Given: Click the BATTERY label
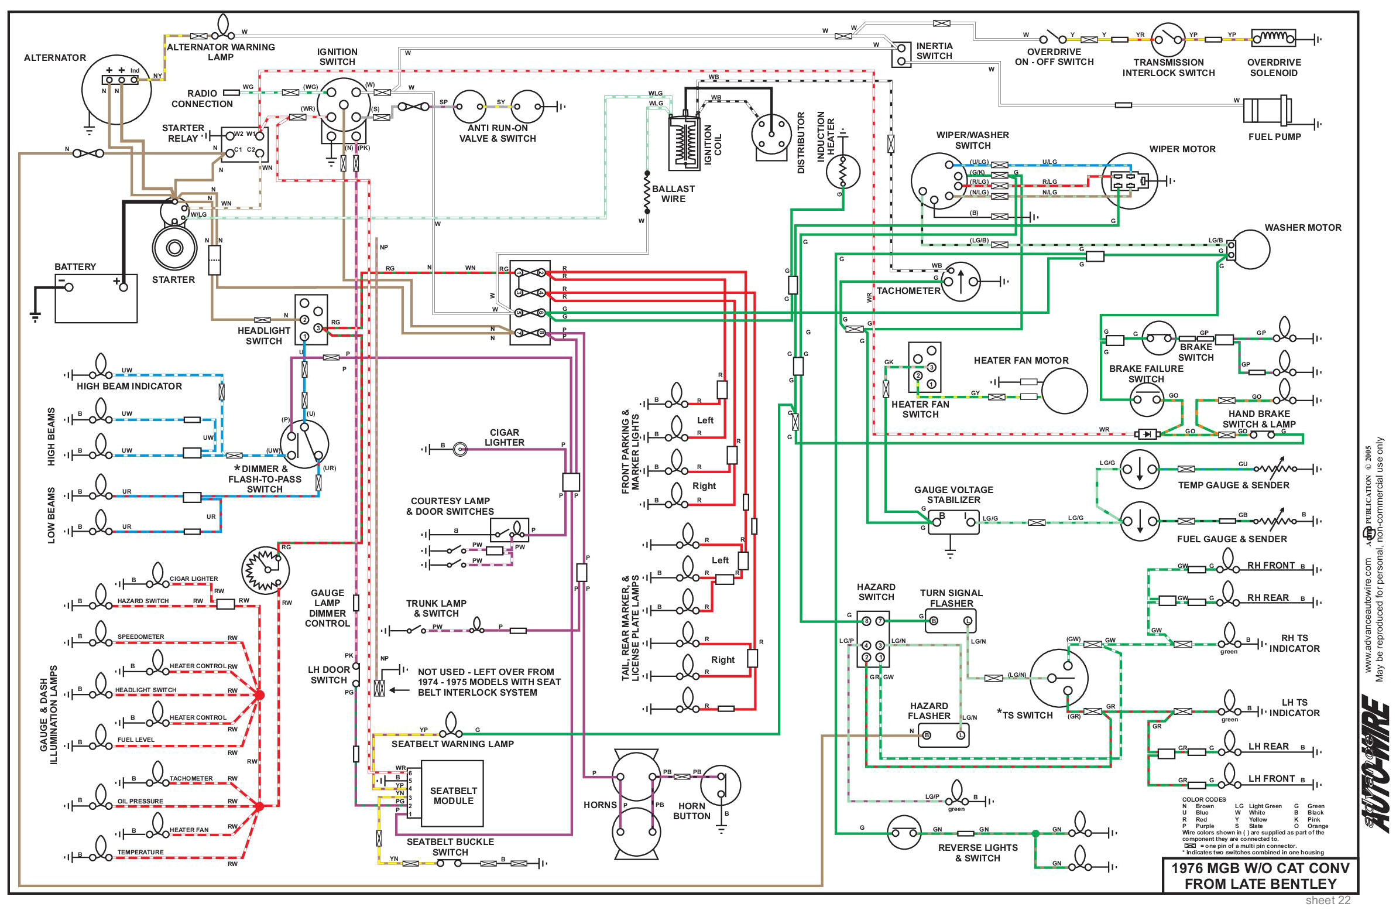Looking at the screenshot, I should tap(74, 266).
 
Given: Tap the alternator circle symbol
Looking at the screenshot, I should tap(116, 91).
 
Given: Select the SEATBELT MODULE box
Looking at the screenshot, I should tap(453, 796).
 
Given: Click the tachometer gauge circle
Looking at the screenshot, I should tap(960, 282).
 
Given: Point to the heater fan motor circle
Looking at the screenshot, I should tap(1064, 390).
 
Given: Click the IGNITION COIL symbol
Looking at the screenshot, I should tap(684, 143).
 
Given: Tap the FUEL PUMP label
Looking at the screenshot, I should tap(1274, 136).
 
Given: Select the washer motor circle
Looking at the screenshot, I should tap(1249, 249).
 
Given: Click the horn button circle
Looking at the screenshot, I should tap(721, 785).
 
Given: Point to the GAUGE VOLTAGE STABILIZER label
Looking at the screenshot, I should tap(953, 495).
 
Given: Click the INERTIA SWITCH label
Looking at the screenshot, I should tap(934, 51).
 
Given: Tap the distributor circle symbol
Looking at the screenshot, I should tap(771, 135).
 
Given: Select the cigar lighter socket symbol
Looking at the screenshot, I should tap(460, 449).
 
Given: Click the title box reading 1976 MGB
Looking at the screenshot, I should tap(1260, 876).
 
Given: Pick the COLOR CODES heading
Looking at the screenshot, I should tap(1203, 800).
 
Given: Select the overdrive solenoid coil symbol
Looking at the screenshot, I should tap(1274, 38).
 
